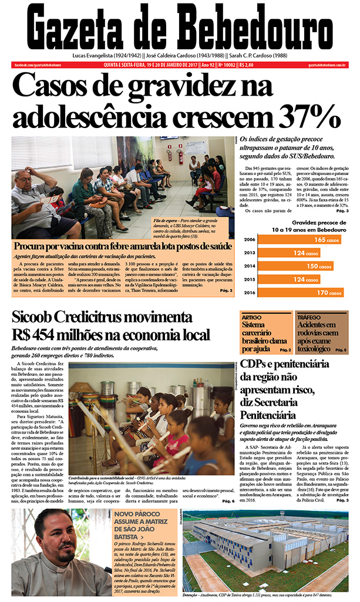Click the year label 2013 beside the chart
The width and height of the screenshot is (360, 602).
(249, 253)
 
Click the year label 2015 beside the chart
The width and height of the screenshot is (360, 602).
(249, 279)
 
